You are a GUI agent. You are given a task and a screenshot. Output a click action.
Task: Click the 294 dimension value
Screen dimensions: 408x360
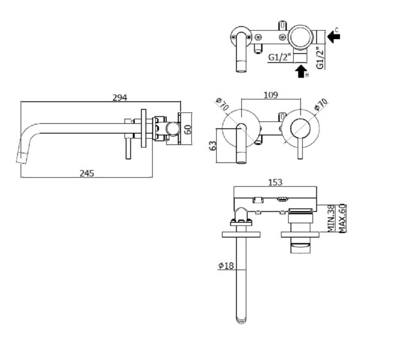point(120,98)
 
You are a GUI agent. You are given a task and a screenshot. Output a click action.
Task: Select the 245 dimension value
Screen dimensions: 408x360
point(87,173)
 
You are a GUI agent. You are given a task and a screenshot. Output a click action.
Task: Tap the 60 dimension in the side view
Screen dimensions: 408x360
point(188,129)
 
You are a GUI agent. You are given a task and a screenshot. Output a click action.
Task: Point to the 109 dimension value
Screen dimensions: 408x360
point(271,95)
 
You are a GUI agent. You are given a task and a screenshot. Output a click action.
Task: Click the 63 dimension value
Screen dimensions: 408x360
point(213,146)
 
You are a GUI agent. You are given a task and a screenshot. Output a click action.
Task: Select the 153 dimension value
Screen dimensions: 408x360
point(275,182)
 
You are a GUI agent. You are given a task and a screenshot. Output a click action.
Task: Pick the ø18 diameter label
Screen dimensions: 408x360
point(226,265)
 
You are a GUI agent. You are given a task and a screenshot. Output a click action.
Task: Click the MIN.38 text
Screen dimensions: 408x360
point(331,218)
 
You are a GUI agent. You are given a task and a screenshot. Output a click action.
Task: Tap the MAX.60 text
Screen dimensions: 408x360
point(342,218)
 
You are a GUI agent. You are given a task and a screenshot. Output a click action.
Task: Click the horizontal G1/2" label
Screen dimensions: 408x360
point(279,57)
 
